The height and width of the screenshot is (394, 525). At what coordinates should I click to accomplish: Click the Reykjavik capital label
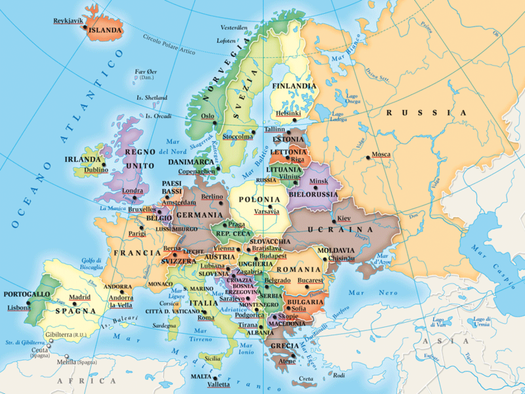(68, 21)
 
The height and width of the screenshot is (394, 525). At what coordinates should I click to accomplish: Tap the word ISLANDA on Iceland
(105, 30)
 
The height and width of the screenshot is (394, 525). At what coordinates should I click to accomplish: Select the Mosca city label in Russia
(381, 155)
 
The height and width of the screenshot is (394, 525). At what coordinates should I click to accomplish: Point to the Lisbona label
(18, 307)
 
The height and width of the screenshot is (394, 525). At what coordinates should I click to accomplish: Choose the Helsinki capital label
(288, 113)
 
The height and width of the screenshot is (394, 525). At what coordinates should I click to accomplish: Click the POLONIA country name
(259, 199)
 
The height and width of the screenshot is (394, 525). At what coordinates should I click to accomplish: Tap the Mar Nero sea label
(366, 292)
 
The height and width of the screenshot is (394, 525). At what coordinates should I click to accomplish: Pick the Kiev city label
(344, 218)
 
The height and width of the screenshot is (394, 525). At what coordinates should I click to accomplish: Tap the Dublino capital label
(96, 170)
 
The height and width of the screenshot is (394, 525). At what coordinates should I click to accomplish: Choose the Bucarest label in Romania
(310, 280)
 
